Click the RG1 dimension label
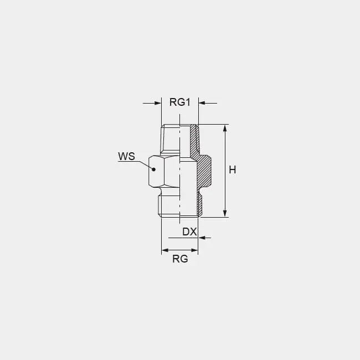click(180, 102)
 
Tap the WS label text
click(126, 156)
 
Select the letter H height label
click(233, 170)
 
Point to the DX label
click(189, 232)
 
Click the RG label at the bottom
click(180, 259)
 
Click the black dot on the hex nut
click(154, 169)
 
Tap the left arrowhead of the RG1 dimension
click(158, 104)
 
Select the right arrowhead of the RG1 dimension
click(202, 104)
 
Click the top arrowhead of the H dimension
click(225, 128)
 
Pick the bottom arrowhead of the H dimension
click(225, 213)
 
